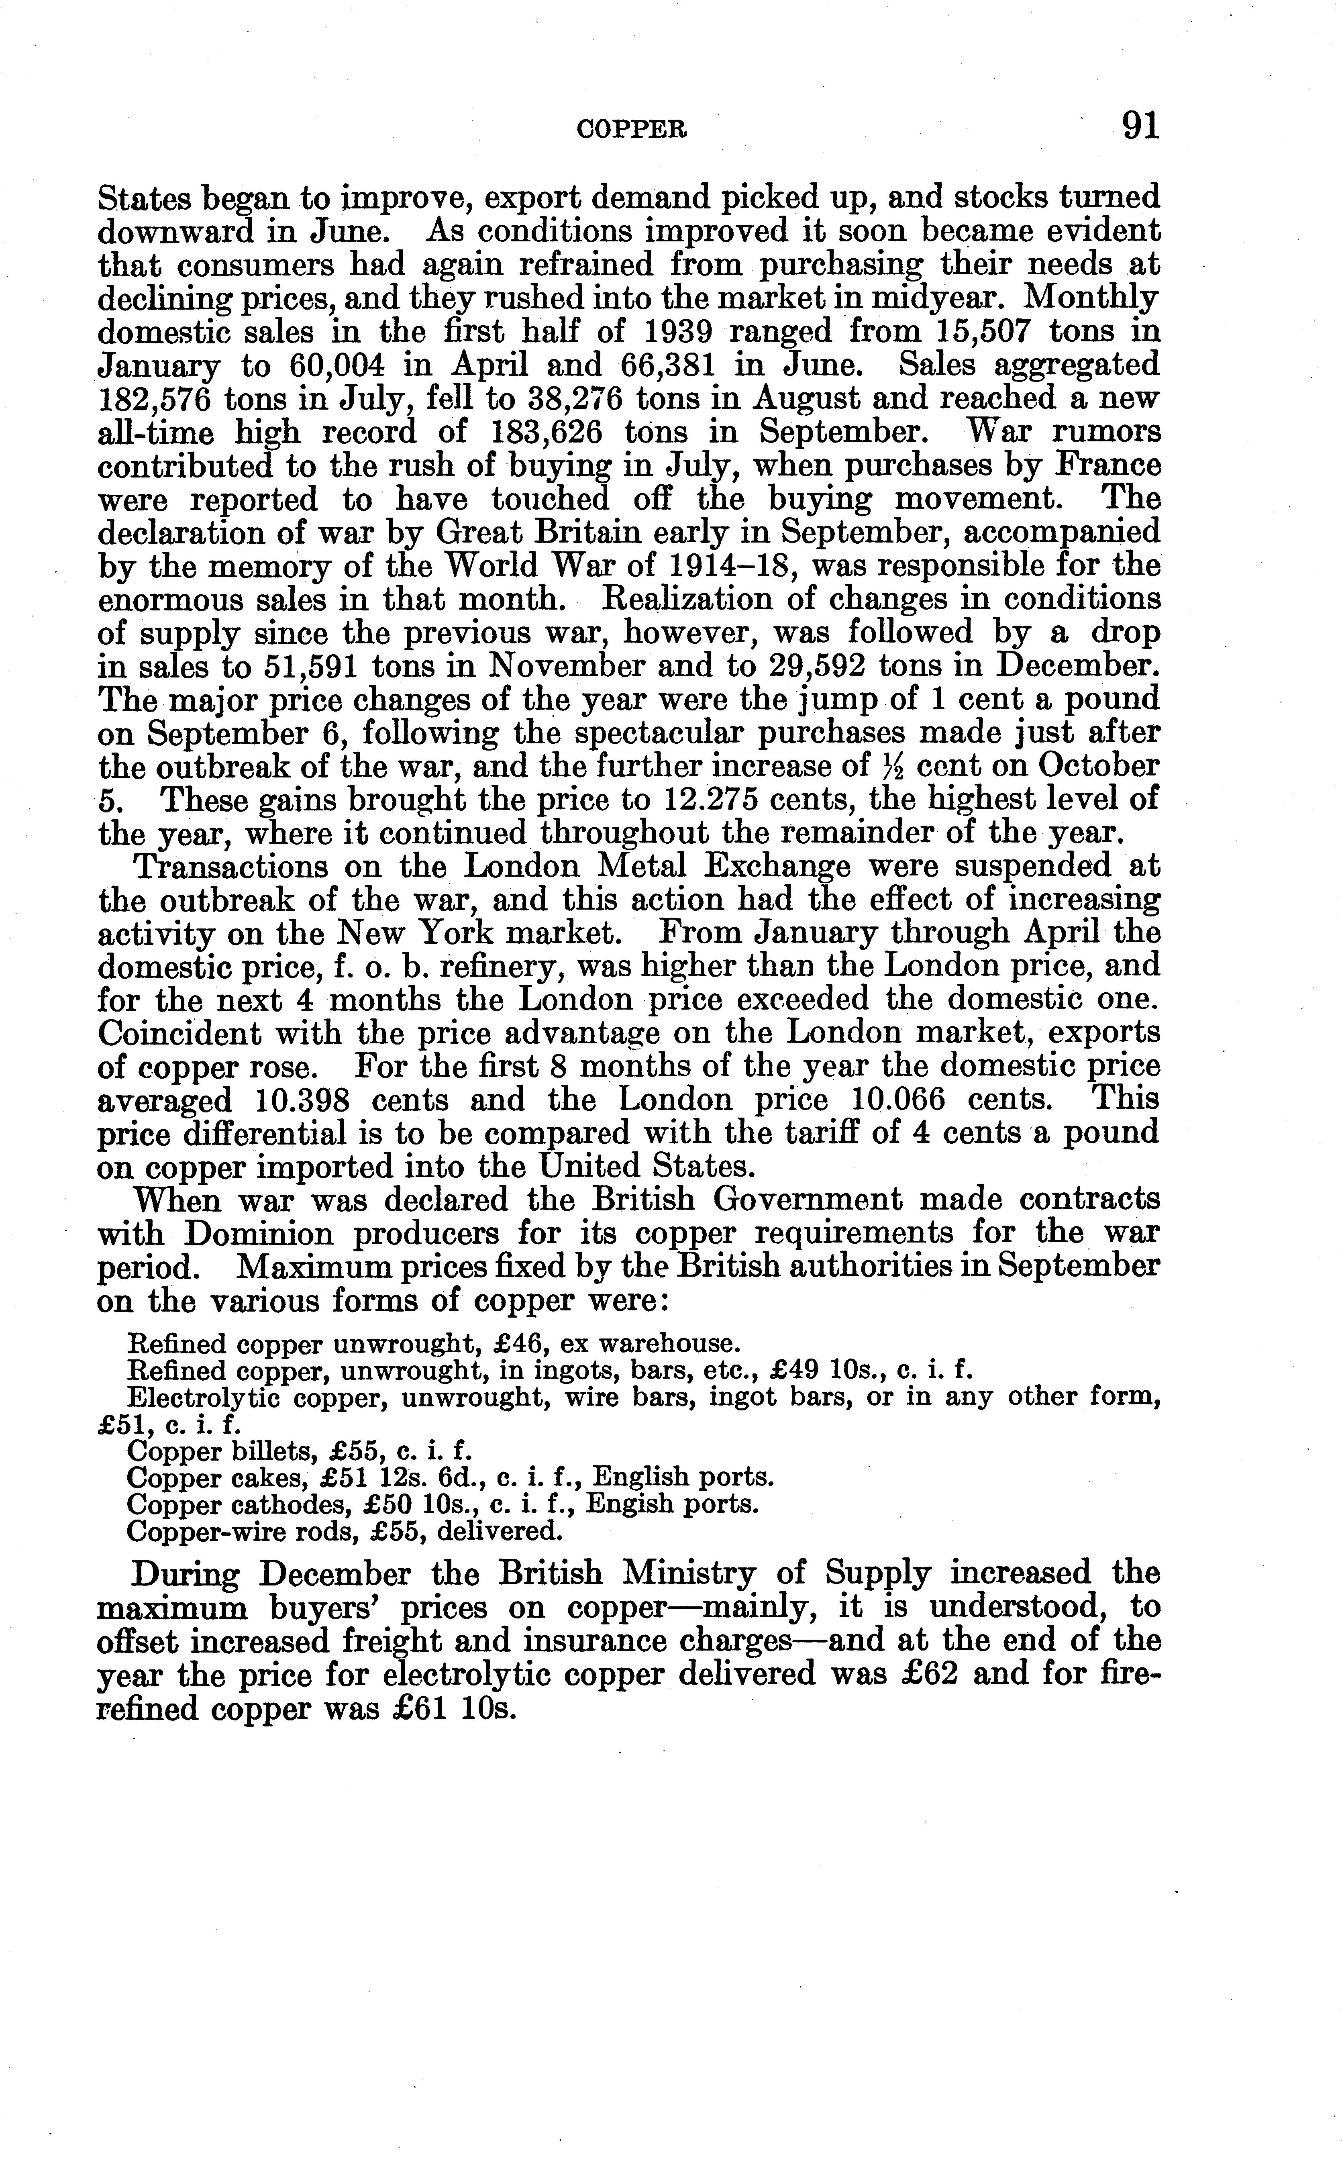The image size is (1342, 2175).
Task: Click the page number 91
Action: pos(1140,126)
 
